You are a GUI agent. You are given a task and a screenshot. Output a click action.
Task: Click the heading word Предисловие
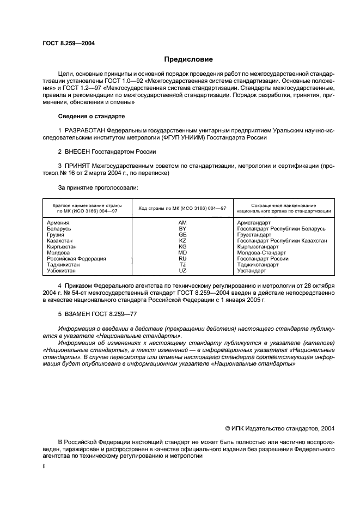pos(188,59)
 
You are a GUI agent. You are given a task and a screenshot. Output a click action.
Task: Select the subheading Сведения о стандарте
pos(91,117)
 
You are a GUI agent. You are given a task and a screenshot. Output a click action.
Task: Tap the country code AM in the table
pos(182,223)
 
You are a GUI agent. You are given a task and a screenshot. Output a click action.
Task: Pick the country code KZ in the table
pos(182,240)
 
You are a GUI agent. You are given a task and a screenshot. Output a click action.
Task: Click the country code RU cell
pos(182,258)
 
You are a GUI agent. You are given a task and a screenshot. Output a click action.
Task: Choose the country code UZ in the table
pos(182,270)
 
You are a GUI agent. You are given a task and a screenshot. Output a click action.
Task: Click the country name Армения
pos(58,223)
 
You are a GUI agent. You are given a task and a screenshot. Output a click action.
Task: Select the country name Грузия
pos(56,235)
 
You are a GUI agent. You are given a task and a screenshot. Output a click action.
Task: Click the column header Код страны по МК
pos(182,209)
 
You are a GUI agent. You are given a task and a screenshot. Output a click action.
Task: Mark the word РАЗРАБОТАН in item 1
pos(85,131)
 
